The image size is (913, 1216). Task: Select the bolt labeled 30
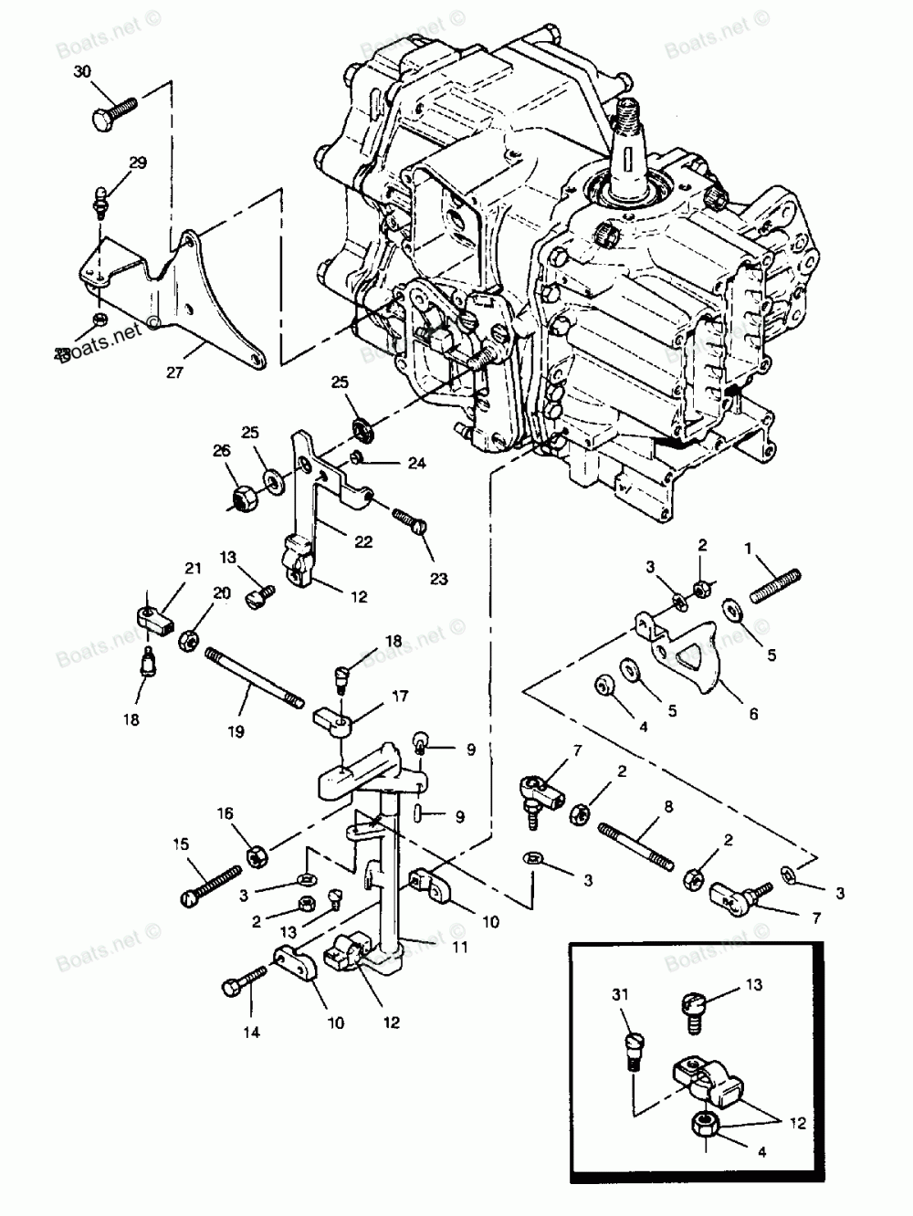(x=113, y=112)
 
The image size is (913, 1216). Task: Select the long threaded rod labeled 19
(x=254, y=675)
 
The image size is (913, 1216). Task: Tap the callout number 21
(x=192, y=569)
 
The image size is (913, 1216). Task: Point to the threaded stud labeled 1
(x=779, y=585)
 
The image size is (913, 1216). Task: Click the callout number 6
(x=752, y=715)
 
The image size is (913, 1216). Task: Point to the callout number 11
(x=459, y=948)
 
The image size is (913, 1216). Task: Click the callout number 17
(x=374, y=695)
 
